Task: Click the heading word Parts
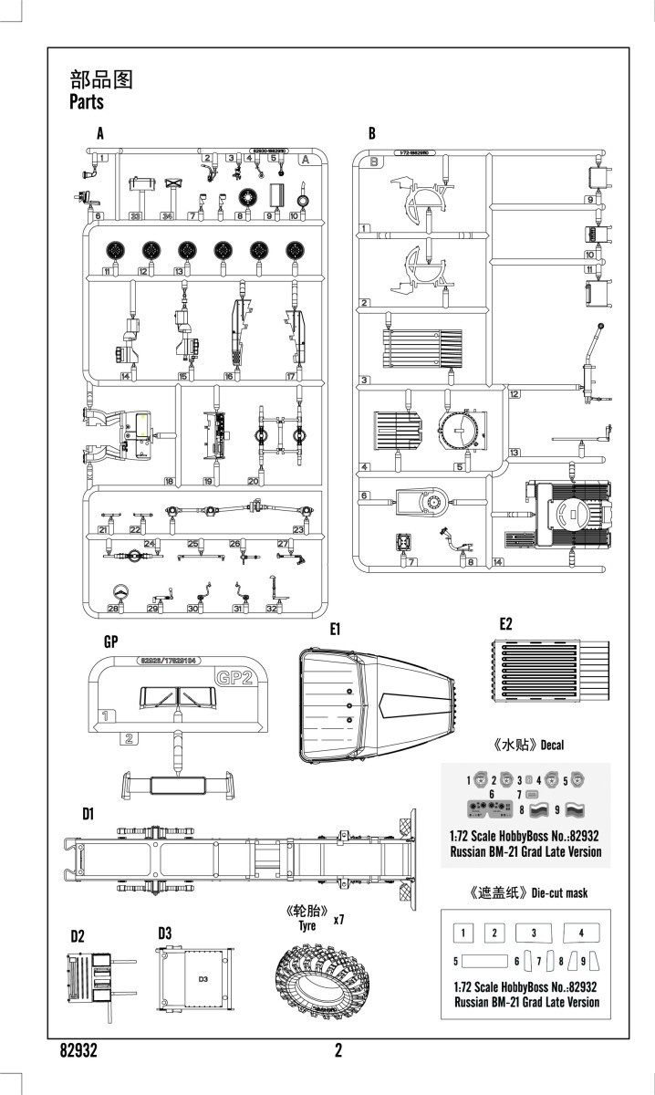87,101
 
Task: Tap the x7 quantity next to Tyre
338,920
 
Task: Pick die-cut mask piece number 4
581,933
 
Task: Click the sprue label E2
506,624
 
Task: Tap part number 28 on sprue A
115,609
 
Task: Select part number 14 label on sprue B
498,561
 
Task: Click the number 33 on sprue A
135,216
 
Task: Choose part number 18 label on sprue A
169,481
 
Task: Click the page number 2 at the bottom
338,1051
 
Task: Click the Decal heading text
552,745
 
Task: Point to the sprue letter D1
88,814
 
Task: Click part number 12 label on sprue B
515,394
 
